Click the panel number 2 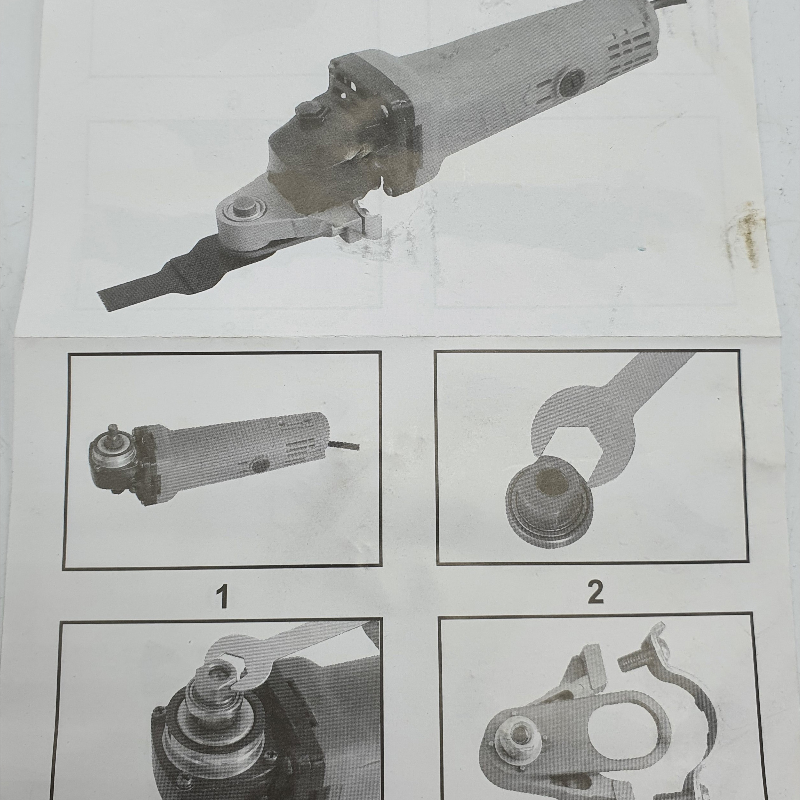pyautogui.click(x=595, y=593)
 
